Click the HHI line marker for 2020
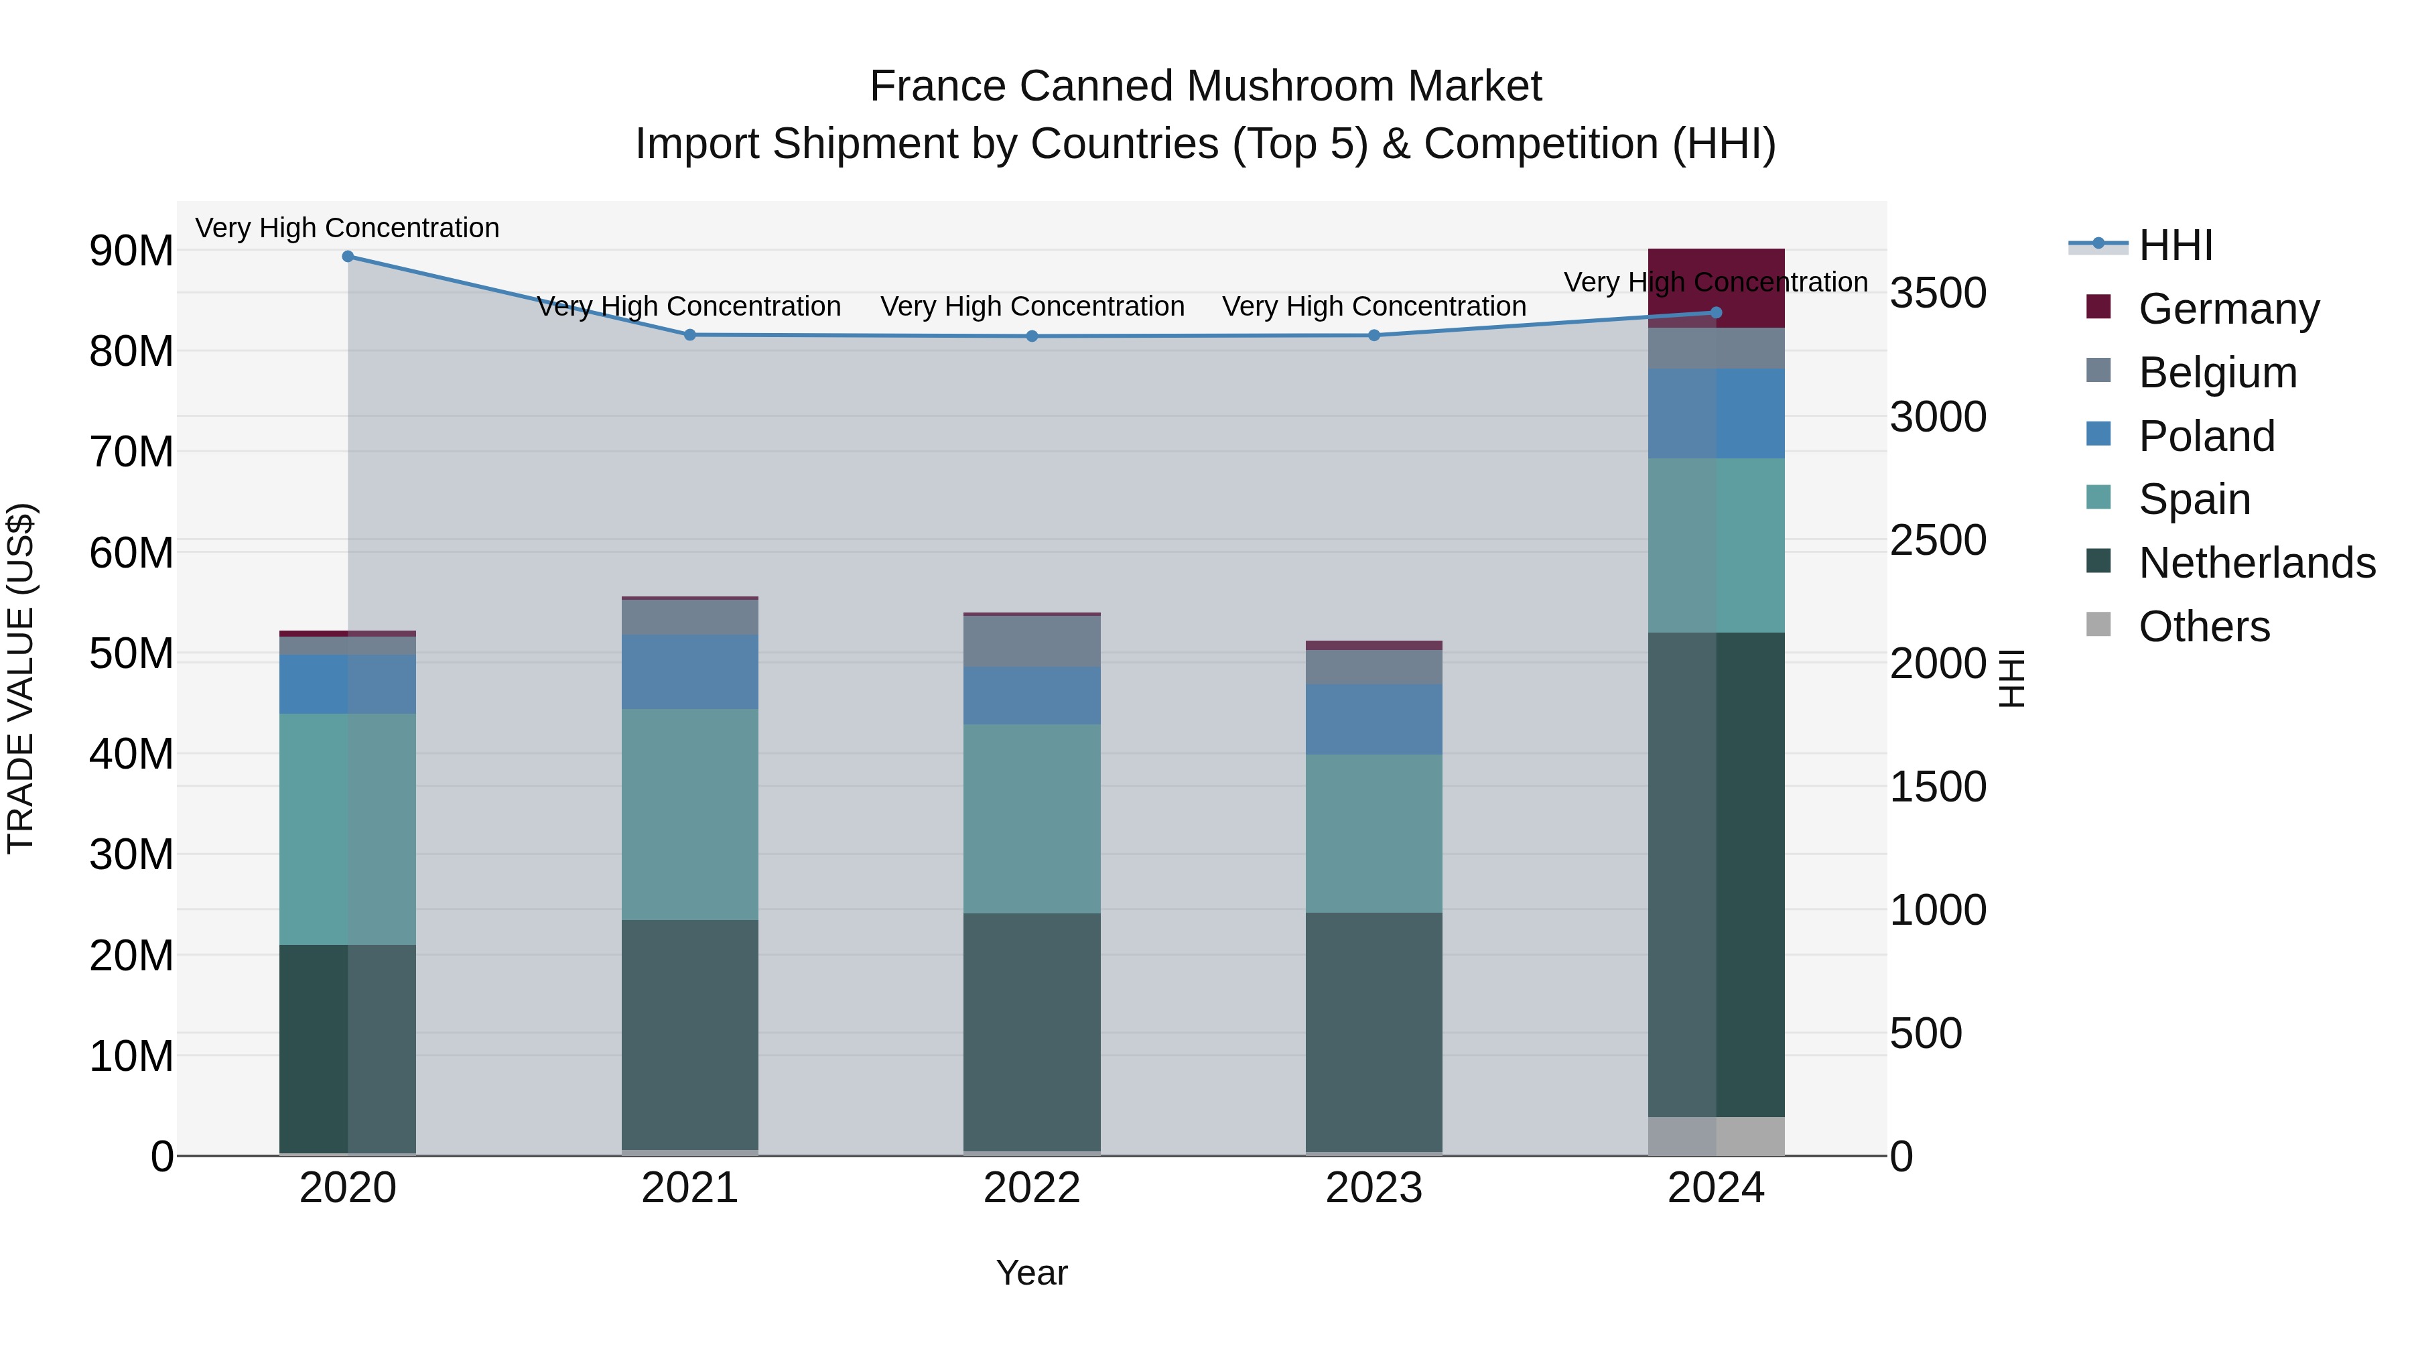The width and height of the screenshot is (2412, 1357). (347, 256)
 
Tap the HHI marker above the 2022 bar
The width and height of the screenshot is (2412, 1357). (1032, 336)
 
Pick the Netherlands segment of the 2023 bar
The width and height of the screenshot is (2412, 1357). (1373, 1031)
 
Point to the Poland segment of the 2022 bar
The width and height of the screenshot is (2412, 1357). (1032, 696)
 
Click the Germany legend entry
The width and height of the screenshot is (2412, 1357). (2228, 309)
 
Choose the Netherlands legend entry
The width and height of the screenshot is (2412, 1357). (2257, 563)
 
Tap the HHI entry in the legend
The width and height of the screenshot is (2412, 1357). (2175, 245)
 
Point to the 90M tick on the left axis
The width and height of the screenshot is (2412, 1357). (131, 251)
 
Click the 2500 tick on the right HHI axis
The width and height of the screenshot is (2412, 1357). (1937, 540)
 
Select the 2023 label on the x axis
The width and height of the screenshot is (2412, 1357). (1373, 1188)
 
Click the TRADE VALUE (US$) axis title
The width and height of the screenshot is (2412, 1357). (21, 678)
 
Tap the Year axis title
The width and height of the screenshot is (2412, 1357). (1032, 1273)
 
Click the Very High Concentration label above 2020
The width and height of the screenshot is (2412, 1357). (347, 228)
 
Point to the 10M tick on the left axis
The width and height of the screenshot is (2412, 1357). (131, 1056)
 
